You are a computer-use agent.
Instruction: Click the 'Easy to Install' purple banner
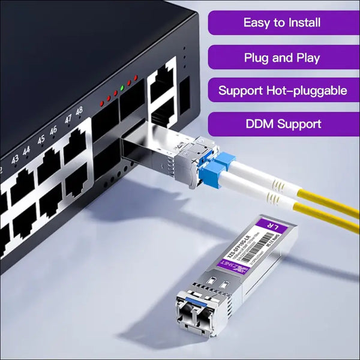(x=282, y=23)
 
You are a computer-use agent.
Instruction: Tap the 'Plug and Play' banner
(x=282, y=58)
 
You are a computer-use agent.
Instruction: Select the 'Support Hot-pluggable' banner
(x=282, y=91)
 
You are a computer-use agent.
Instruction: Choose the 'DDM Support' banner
(x=282, y=124)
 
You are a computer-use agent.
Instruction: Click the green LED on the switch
(x=122, y=88)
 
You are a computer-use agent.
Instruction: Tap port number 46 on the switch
(x=53, y=130)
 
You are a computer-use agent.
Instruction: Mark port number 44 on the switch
(x=26, y=151)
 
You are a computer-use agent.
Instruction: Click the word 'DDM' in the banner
(x=263, y=124)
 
